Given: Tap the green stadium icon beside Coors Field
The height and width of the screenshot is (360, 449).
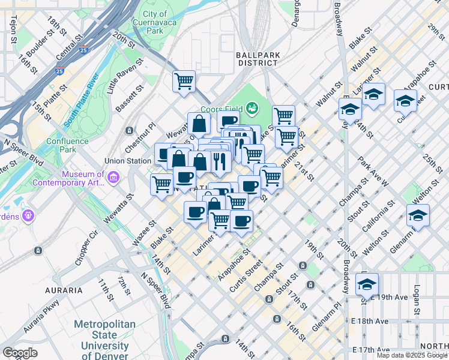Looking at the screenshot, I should pyautogui.click(x=252, y=108).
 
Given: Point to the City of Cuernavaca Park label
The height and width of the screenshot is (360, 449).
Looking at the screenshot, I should pyautogui.click(x=155, y=22).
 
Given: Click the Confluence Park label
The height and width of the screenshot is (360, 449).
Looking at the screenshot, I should pyautogui.click(x=67, y=145).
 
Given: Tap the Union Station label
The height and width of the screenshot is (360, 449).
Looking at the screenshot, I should pyautogui.click(x=127, y=161).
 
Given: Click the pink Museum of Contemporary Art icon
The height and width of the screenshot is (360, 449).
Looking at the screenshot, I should pyautogui.click(x=114, y=177).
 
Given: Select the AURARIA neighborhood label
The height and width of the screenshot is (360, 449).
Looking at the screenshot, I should pyautogui.click(x=63, y=290).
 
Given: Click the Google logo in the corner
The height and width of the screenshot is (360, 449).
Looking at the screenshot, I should pyautogui.click(x=20, y=353).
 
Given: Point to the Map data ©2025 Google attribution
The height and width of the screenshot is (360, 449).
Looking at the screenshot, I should pyautogui.click(x=412, y=356).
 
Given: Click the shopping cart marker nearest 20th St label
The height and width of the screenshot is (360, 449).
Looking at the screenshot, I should pyautogui.click(x=184, y=81).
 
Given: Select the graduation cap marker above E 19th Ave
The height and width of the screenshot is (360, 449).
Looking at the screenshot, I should pyautogui.click(x=367, y=284).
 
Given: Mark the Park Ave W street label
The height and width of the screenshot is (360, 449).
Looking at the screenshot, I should pyautogui.click(x=373, y=171).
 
